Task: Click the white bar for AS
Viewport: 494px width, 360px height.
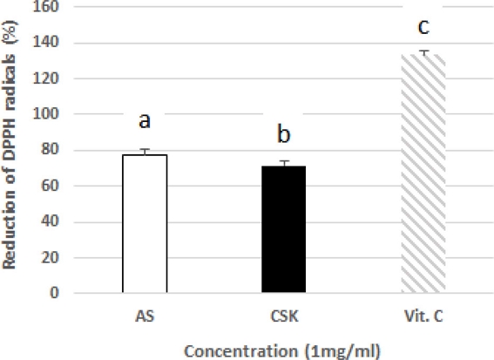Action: point(145,223)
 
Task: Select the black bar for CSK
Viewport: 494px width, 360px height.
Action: point(284,229)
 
